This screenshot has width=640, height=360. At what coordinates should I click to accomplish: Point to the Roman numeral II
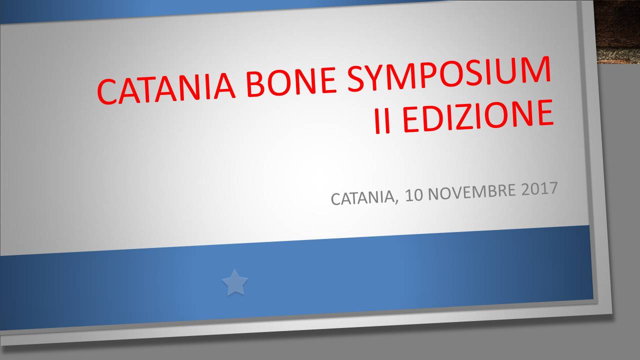(x=382, y=121)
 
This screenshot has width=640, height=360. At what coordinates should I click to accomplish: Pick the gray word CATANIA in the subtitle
(x=362, y=197)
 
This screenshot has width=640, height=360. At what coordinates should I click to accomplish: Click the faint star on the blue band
(x=235, y=282)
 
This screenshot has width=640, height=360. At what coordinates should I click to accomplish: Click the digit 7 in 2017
(x=553, y=188)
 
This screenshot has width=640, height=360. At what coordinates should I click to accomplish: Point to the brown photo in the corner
(x=617, y=31)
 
